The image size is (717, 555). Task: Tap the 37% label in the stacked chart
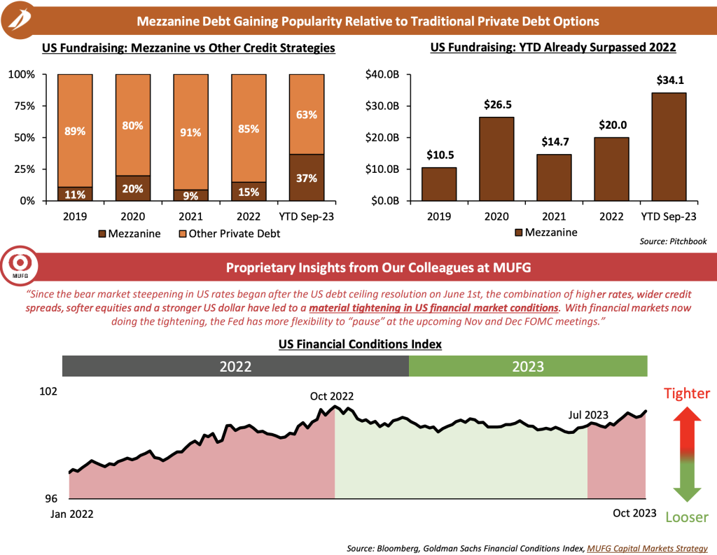tap(306, 178)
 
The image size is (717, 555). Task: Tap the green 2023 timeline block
tap(528, 366)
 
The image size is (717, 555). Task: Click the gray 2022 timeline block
tap(235, 366)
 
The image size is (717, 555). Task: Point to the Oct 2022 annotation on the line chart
tap(333, 396)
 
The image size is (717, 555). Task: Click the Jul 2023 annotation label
tap(589, 414)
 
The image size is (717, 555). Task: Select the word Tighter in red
tap(687, 393)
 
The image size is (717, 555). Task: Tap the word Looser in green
tap(687, 517)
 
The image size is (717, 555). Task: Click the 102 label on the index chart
tap(49, 392)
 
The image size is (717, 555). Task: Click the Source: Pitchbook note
tap(673, 241)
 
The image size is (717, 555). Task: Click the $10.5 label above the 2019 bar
tap(440, 155)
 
